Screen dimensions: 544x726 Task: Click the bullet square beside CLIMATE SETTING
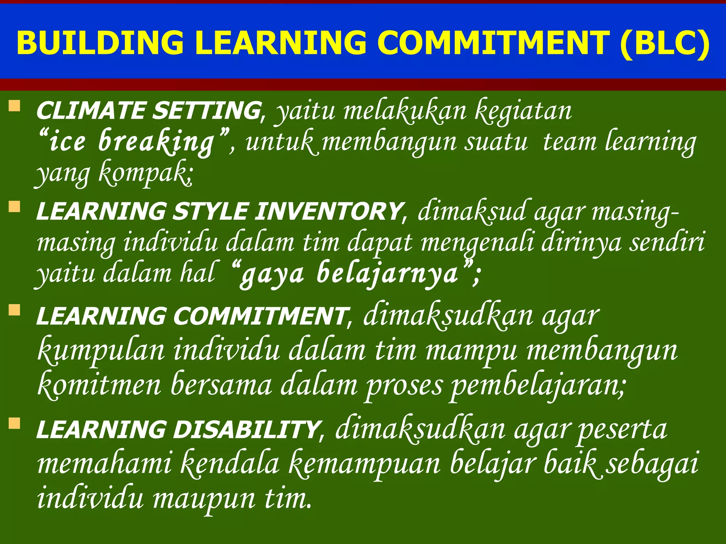(15, 106)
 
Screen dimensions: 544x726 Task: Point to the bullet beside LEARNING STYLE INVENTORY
(15, 206)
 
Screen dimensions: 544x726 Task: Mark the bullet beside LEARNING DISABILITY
(15, 423)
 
